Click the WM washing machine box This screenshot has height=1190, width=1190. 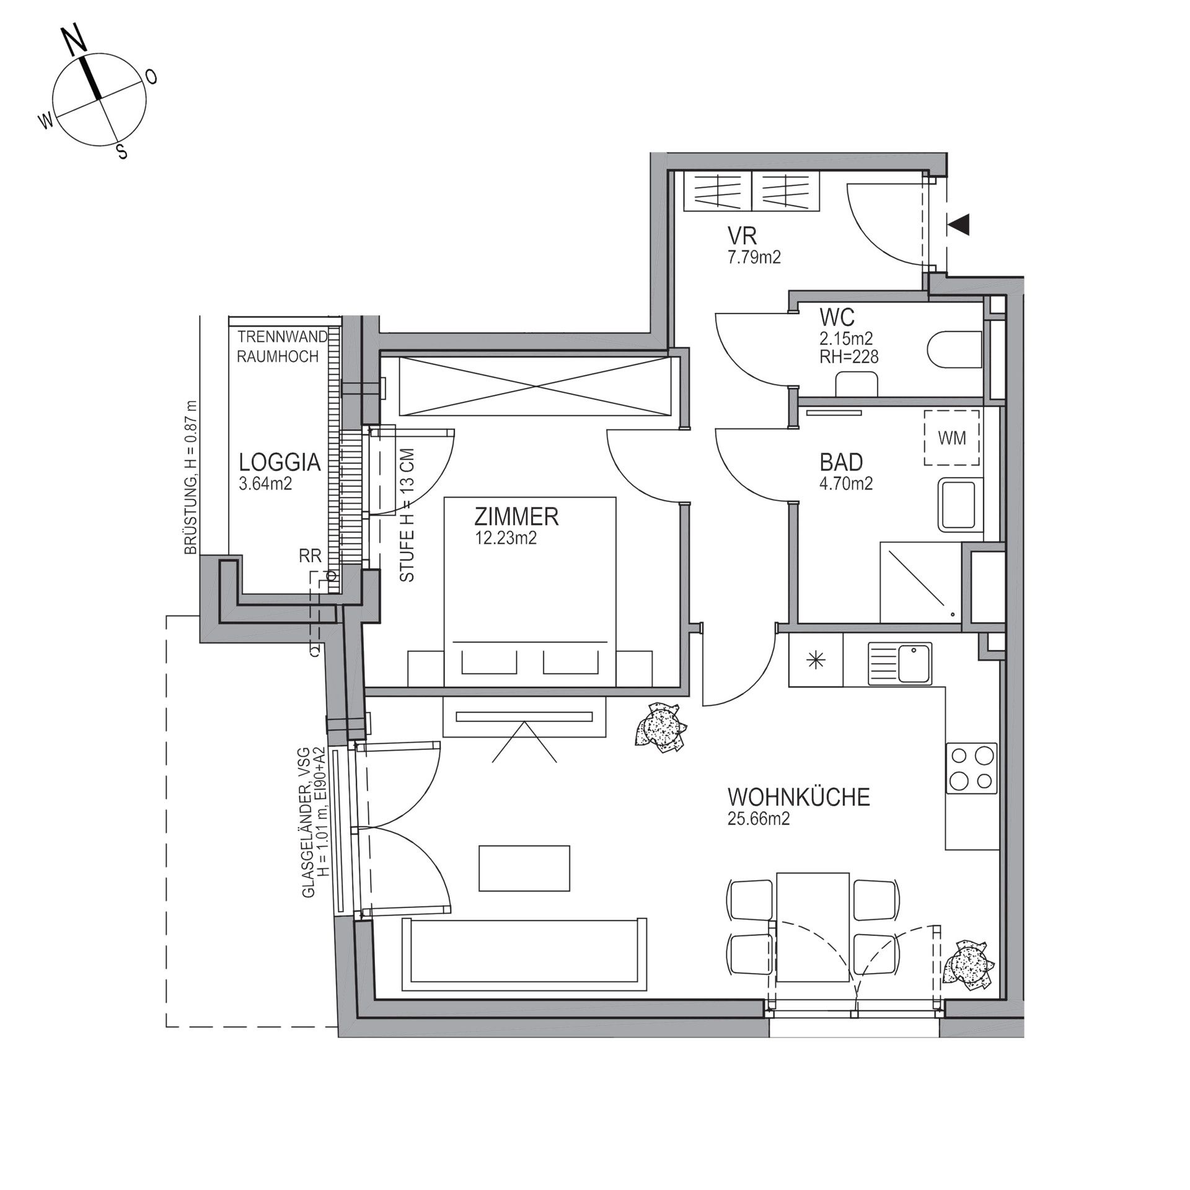pyautogui.click(x=952, y=438)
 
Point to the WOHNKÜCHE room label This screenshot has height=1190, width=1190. pyautogui.click(x=799, y=796)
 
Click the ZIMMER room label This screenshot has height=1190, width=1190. pyautogui.click(x=516, y=516)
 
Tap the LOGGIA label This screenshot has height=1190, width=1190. pyautogui.click(x=280, y=462)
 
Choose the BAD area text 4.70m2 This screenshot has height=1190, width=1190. pyautogui.click(x=846, y=483)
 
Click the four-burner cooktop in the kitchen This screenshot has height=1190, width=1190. pyautogui.click(x=972, y=767)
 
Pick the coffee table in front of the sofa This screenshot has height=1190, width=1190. pyautogui.click(x=524, y=868)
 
